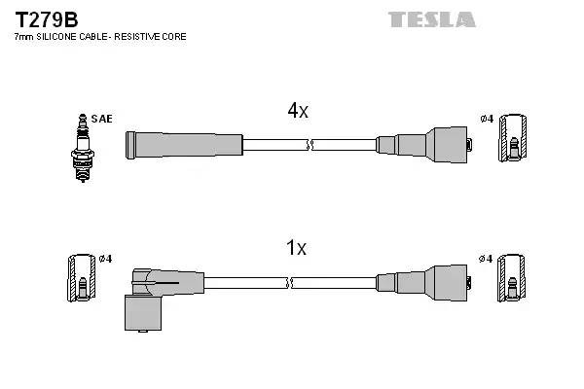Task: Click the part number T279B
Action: [47, 19]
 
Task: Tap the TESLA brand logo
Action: [431, 19]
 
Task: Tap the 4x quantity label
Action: [297, 112]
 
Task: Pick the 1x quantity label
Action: [296, 248]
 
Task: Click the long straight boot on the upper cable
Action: [183, 145]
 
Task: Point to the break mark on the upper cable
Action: [310, 146]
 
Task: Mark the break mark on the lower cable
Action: [292, 283]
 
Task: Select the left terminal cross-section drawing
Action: [82, 278]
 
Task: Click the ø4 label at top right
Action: [487, 119]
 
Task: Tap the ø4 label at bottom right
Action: [487, 259]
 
